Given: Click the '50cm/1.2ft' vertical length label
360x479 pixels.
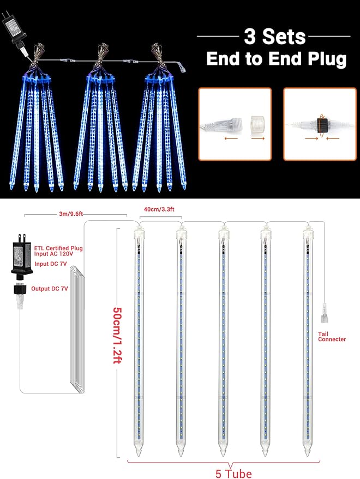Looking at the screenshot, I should point(117,337).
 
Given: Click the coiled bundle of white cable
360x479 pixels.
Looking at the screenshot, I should point(74,327).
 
